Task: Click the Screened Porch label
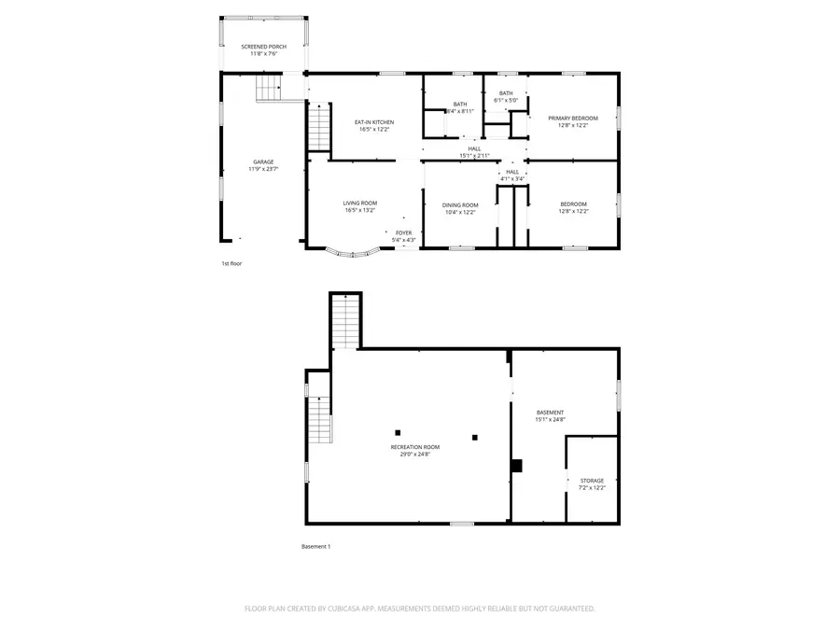coord(263,46)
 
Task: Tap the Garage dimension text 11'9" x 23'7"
coord(263,170)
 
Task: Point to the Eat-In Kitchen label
coord(373,122)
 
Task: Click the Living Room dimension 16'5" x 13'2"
coord(359,211)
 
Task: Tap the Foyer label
coord(403,232)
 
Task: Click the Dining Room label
coord(460,204)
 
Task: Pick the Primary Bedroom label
coord(573,118)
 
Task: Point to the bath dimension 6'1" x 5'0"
coord(505,101)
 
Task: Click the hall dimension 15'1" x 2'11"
coord(474,156)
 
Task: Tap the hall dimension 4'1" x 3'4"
coord(511,179)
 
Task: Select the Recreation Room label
coord(414,447)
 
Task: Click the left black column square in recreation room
coord(398,431)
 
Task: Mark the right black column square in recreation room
coord(474,436)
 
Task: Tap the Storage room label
coord(592,481)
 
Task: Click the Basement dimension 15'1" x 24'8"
coord(550,420)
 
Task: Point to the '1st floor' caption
coord(231,264)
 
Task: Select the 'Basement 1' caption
coord(315,546)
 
